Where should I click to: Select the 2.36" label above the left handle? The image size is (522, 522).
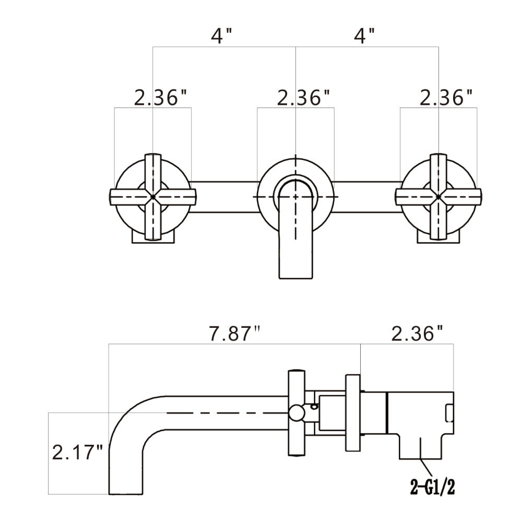coord(160,97)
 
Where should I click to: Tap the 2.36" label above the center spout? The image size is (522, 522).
coord(303,97)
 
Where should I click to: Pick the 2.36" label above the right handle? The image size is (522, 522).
coord(446,97)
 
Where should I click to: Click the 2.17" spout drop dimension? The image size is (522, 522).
coord(77,452)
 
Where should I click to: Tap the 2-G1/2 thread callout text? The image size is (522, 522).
coord(433,488)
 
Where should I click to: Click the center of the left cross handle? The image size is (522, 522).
coord(153,196)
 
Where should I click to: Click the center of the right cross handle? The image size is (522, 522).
coord(438,196)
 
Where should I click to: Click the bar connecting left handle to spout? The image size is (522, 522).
coord(224,196)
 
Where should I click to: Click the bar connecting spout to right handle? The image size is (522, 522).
coord(367,196)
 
